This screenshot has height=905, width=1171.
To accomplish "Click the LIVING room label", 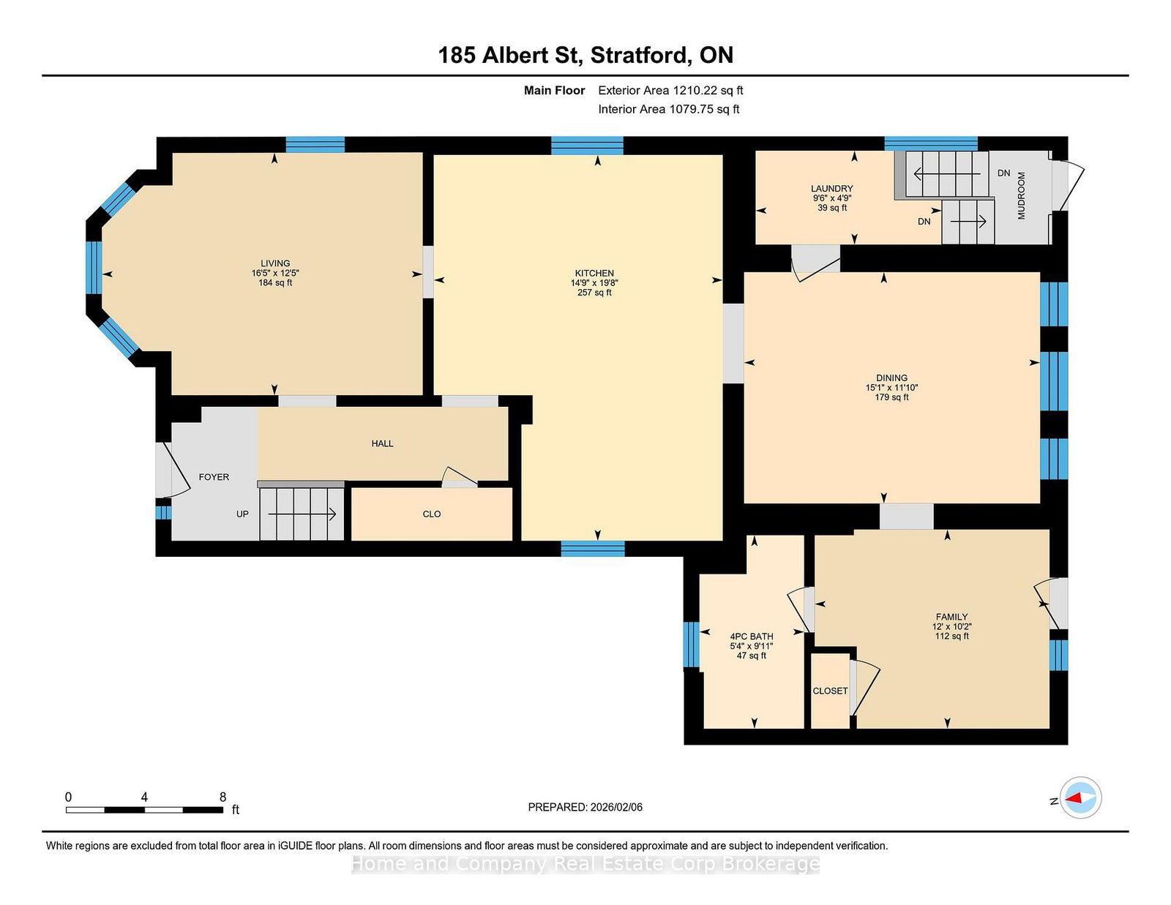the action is coord(275,263).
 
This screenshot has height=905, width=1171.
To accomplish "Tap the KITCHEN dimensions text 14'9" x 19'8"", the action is coord(594,283).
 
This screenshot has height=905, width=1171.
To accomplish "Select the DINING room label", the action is coord(891,378).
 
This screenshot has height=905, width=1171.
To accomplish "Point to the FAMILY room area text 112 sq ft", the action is coord(951,636).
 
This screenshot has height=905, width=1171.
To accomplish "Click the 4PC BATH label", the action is coord(751,636).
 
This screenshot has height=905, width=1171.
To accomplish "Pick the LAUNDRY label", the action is coord(831,189).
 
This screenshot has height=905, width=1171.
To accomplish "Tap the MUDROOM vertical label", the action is coord(1021,195).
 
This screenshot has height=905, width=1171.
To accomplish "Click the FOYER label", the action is coord(214,477).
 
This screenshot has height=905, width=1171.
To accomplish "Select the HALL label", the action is coord(382,443).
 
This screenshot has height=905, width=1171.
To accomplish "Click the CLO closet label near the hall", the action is coord(432,514).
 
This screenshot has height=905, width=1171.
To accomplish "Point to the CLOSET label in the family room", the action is coord(830,691).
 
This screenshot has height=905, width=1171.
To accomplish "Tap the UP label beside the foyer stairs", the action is coord(242,514).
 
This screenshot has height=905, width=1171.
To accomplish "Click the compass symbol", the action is coord(1080,797).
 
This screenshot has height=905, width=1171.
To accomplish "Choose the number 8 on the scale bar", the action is coord(222,796).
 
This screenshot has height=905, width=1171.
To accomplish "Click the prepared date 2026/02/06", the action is coord(616,807).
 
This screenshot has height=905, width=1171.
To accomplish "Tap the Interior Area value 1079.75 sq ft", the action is coord(704,109).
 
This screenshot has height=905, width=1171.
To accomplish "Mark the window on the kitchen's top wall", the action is coord(587,146).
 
